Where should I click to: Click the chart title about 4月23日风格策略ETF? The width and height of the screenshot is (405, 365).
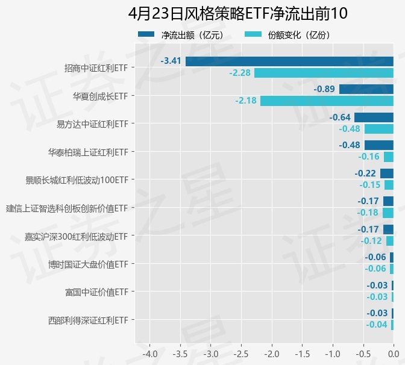pos(238,13)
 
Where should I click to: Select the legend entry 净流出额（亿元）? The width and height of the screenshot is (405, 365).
pos(181,35)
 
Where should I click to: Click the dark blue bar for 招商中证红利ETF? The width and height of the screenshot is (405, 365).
pos(289,61)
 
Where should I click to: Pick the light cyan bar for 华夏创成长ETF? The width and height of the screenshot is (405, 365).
pos(327,101)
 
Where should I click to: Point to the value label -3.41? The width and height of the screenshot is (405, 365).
pos(171,61)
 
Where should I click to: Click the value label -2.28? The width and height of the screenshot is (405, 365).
pos(240,73)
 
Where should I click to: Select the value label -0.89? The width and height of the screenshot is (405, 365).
pos(324,89)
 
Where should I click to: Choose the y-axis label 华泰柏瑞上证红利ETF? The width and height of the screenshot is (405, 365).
pos(88,152)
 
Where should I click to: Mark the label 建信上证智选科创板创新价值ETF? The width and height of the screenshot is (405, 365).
pos(67,208)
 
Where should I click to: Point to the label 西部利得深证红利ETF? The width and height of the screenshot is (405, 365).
pos(88,320)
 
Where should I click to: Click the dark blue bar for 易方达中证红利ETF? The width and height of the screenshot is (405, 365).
pos(374,117)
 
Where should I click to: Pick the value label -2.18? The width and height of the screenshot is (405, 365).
pos(246,101)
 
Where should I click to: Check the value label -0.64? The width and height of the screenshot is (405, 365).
pos(341,117)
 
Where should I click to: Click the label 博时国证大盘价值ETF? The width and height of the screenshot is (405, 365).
pos(88,264)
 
